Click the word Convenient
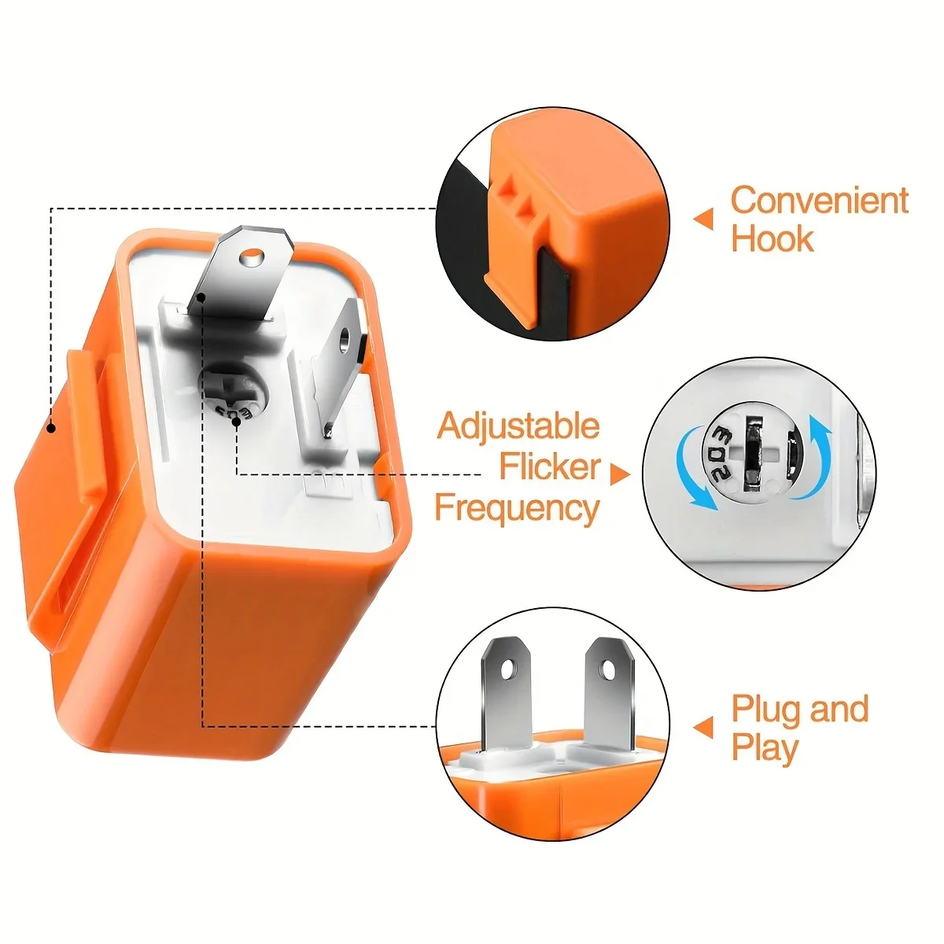(x=819, y=201)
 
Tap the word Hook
(x=772, y=239)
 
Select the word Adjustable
(x=518, y=427)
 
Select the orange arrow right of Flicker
(x=620, y=474)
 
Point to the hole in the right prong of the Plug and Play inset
(x=608, y=668)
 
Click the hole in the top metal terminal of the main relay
(x=253, y=256)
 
